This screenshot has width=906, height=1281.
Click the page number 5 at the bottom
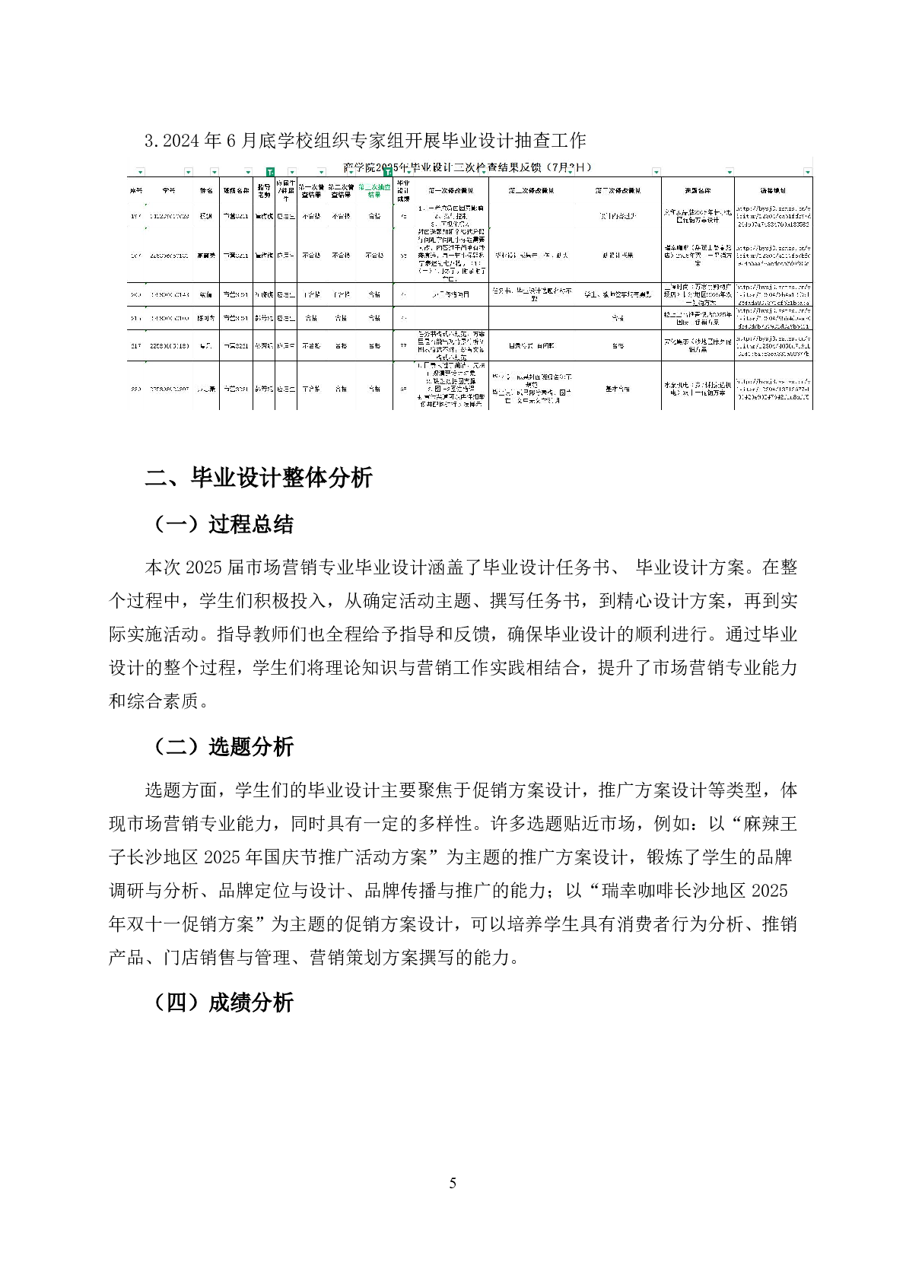(453, 1183)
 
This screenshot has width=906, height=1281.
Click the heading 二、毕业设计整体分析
(259, 478)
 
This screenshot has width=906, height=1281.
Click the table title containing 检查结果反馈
(467, 167)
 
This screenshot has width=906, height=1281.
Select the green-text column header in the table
(374, 189)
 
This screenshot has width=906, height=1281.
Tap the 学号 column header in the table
(169, 189)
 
